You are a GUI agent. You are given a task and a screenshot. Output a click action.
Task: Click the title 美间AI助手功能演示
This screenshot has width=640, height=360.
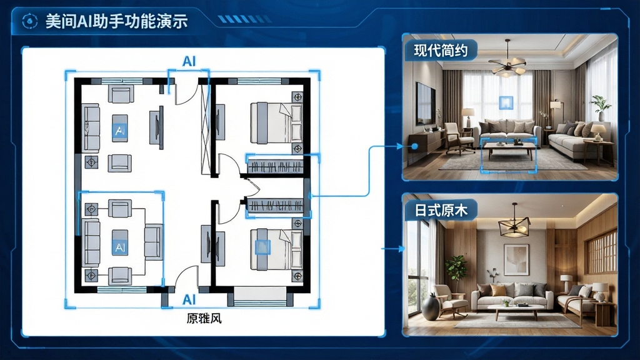[116, 21]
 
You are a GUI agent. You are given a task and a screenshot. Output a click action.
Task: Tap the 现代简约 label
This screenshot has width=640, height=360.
[441, 51]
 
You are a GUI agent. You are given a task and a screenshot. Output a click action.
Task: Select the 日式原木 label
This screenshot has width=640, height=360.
[441, 210]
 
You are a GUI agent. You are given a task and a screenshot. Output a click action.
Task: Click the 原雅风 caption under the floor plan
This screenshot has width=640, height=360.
[204, 318]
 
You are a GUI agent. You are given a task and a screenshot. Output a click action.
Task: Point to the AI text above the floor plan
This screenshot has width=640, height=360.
[189, 61]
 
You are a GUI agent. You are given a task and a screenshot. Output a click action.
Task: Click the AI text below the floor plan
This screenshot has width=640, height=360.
[189, 299]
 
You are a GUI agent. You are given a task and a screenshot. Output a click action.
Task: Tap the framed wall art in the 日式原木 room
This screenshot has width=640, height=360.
[516, 259]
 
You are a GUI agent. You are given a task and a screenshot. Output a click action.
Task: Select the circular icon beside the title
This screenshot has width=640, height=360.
[29, 21]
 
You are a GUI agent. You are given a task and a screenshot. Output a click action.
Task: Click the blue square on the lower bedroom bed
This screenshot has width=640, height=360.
[262, 247]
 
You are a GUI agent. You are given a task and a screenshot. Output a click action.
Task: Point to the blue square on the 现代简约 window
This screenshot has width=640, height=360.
[506, 102]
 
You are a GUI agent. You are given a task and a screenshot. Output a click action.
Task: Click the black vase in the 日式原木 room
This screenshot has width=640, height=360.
[431, 307]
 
